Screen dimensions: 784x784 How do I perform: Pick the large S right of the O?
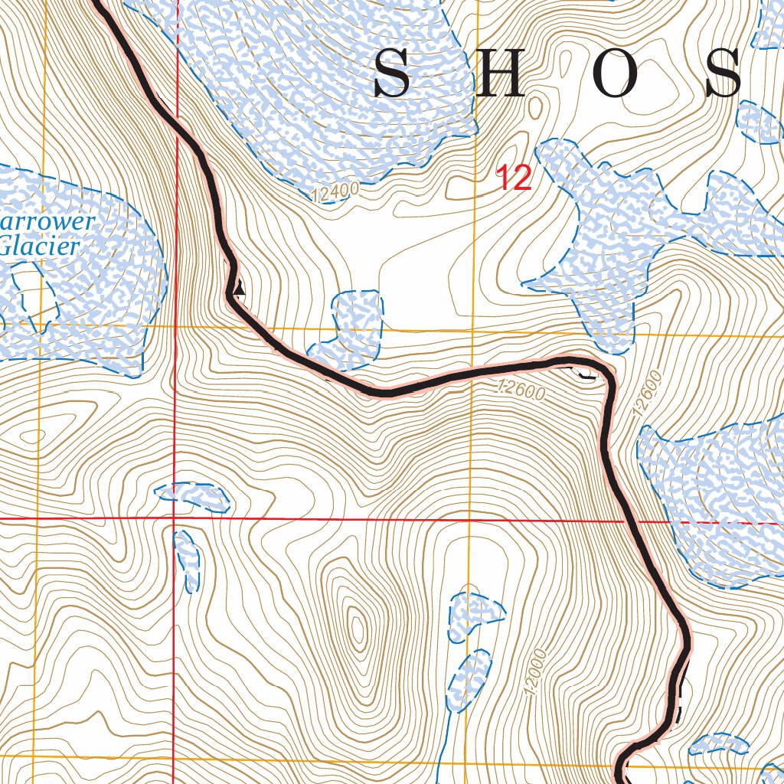point(723,74)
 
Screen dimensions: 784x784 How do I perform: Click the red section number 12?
point(514,178)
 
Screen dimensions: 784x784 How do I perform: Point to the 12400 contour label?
point(335,193)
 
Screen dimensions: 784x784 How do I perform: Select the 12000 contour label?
point(537,673)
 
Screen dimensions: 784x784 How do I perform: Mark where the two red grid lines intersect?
point(175,519)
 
